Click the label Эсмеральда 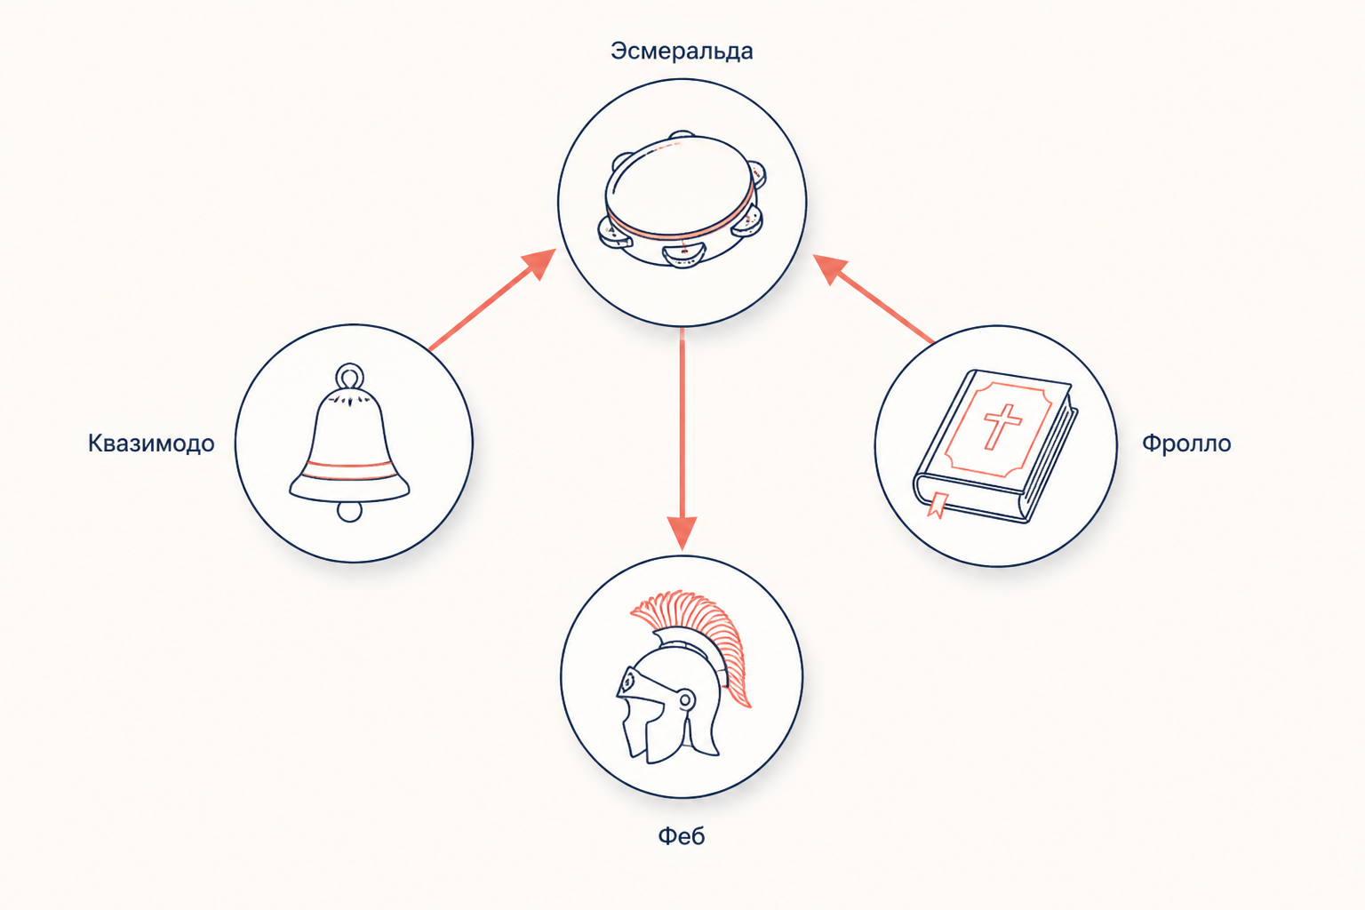tap(682, 52)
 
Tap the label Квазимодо tap(151, 443)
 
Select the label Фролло tap(1186, 443)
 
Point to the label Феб tap(682, 835)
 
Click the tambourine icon tap(682, 199)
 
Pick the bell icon tap(349, 443)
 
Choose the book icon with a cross tap(995, 445)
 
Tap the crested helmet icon tap(683, 676)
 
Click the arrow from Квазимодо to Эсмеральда tap(492, 299)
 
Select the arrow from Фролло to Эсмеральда tap(874, 299)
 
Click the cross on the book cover tap(1002, 426)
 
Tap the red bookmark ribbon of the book tap(938, 505)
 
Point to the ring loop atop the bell tap(350, 375)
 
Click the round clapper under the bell tap(350, 511)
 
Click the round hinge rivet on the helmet tap(685, 699)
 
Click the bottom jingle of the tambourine tap(683, 254)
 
